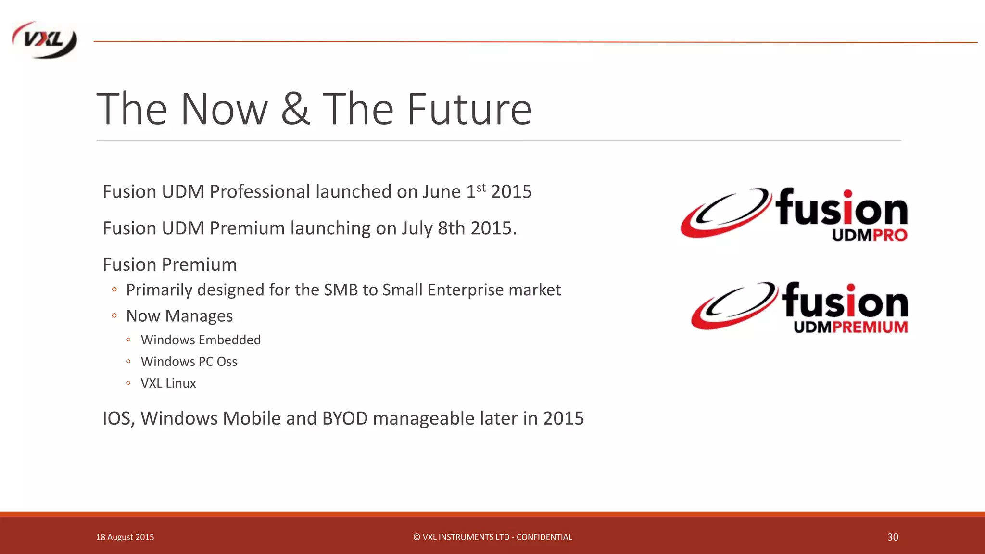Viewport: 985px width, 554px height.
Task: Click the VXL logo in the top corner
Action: pyautogui.click(x=44, y=40)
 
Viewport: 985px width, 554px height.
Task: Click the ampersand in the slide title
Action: pyautogui.click(x=295, y=109)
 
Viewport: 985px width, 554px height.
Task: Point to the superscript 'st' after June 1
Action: pyautogui.click(x=481, y=187)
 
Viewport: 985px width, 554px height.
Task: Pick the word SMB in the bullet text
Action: pyautogui.click(x=341, y=290)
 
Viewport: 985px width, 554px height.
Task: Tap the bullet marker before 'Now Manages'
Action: pyautogui.click(x=114, y=316)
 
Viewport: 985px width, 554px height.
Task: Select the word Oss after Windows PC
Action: pyautogui.click(x=227, y=362)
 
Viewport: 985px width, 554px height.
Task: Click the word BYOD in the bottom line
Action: pyautogui.click(x=345, y=418)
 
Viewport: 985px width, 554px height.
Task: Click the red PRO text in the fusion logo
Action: pyautogui.click(x=889, y=235)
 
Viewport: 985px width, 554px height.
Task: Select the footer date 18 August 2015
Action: pyautogui.click(x=125, y=537)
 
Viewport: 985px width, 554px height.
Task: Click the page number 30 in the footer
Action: pyautogui.click(x=893, y=537)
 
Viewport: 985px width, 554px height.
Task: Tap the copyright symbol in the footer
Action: pyautogui.click(x=417, y=537)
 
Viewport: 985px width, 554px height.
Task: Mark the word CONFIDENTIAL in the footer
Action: pyautogui.click(x=544, y=537)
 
